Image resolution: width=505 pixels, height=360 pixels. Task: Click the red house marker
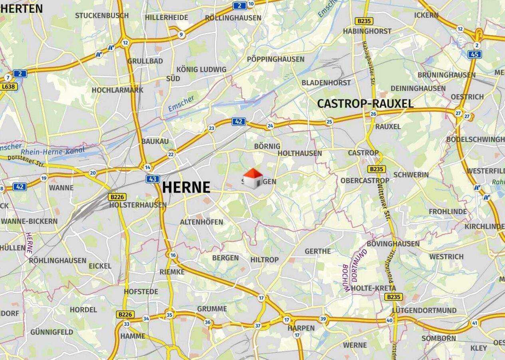click(x=253, y=178)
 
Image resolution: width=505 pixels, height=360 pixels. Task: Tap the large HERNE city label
click(x=186, y=187)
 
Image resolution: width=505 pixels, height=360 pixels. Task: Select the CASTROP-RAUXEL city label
click(x=365, y=104)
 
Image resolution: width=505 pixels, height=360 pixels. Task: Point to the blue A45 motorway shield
click(x=475, y=54)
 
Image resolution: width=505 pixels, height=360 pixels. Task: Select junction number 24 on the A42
click(x=270, y=126)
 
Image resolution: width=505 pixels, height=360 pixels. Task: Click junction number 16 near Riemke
click(x=173, y=255)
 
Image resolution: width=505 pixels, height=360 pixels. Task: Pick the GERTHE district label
click(x=318, y=251)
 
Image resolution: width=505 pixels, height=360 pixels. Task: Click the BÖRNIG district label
click(x=267, y=146)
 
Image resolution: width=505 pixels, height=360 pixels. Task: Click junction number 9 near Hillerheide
click(x=181, y=35)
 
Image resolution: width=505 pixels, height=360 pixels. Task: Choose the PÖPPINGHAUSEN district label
click(x=276, y=59)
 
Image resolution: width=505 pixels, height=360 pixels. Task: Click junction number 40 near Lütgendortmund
click(x=390, y=320)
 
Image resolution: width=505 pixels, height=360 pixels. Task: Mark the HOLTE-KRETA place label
click(x=374, y=288)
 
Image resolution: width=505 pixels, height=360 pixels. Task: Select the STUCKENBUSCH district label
click(x=102, y=16)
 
